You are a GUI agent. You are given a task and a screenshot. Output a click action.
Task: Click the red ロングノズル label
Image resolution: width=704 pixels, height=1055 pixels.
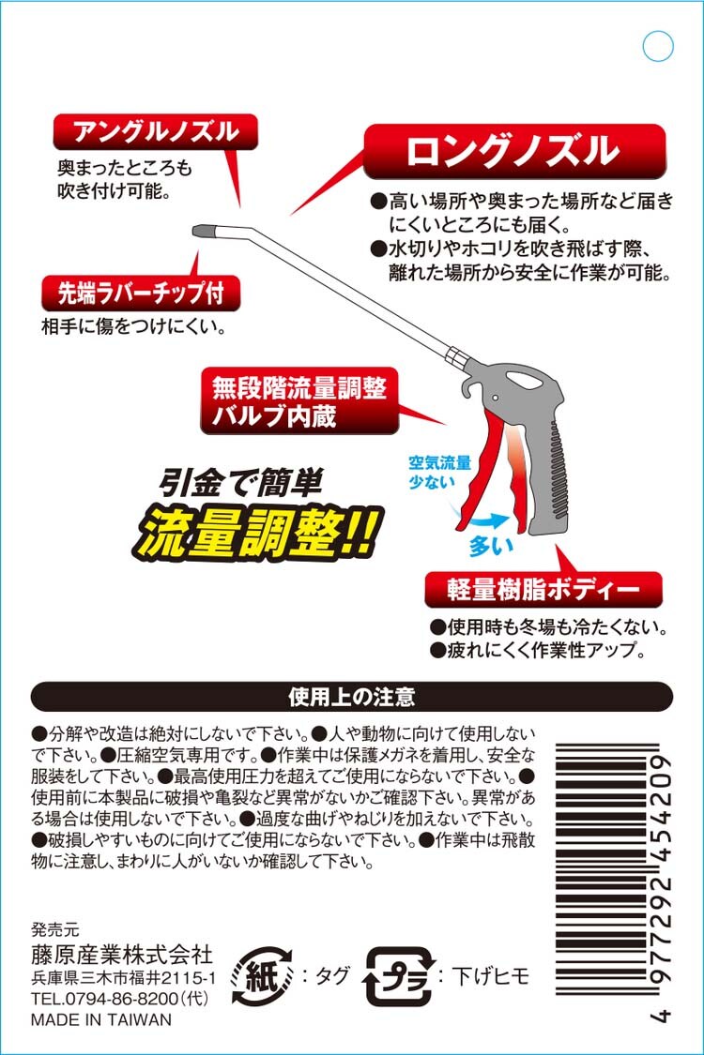(514, 151)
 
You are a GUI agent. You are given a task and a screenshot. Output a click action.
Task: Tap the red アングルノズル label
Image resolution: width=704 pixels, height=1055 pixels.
(156, 132)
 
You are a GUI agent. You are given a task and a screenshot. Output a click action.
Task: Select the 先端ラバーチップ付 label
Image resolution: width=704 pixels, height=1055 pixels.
(141, 294)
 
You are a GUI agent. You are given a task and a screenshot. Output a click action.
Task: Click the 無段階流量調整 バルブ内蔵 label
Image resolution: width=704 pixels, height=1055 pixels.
(299, 401)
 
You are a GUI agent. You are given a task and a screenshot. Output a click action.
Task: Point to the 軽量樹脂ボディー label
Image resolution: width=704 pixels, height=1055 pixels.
(543, 590)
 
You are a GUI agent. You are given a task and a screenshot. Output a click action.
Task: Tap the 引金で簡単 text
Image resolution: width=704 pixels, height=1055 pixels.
(240, 482)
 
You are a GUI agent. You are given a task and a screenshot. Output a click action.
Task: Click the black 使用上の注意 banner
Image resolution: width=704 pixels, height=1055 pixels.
(352, 697)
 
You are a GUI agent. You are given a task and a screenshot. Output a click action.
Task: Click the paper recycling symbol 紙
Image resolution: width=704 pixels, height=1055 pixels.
(262, 976)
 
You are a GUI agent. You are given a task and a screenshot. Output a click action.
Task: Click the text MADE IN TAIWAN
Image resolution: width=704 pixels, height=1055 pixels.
(101, 1020)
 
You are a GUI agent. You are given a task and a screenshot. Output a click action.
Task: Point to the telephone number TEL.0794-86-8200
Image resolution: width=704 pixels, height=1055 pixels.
(120, 999)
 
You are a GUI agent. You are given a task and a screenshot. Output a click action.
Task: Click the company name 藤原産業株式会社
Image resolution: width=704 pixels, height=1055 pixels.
(122, 954)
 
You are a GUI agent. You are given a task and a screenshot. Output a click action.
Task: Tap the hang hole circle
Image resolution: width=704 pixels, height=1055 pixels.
(658, 46)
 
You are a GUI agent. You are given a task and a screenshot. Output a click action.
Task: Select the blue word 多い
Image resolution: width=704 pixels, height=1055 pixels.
(492, 547)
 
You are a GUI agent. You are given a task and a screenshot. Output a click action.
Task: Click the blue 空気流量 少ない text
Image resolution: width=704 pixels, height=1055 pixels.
(440, 473)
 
